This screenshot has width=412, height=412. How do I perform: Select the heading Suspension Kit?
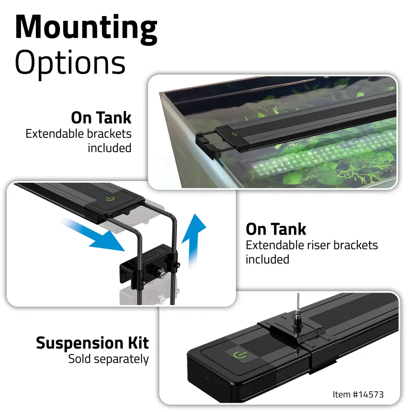point(92,343)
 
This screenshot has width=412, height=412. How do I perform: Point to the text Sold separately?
point(108,359)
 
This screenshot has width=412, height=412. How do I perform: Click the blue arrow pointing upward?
point(193,238)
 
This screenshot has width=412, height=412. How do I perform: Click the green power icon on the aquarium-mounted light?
point(234,134)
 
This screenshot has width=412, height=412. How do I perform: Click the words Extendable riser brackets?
point(312,245)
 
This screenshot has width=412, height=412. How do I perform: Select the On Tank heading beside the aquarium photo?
point(101,118)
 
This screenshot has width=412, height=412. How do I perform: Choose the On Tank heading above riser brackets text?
point(276,229)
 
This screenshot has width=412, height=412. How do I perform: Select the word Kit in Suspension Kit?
point(138,343)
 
